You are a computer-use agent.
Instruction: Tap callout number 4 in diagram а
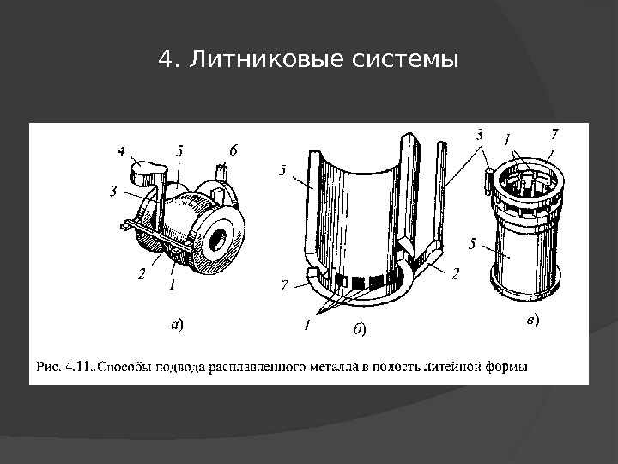[123, 151]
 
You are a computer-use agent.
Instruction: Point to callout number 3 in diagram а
[114, 191]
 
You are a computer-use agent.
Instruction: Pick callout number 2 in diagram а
[142, 274]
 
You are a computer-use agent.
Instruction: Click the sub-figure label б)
[360, 327]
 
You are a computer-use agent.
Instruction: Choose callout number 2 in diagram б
[456, 272]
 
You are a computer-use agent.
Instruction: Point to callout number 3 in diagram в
[480, 135]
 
